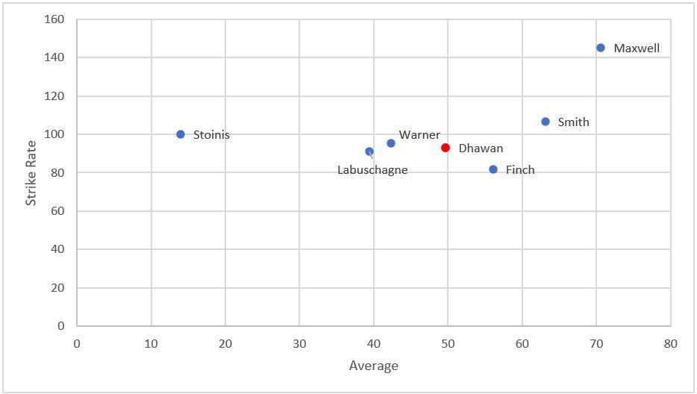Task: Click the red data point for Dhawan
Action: [x=446, y=148]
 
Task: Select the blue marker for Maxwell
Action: [x=601, y=48]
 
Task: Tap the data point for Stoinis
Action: [x=181, y=134]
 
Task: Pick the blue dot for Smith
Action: [x=546, y=122]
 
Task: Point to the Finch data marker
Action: [x=493, y=169]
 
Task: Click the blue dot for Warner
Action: [x=391, y=143]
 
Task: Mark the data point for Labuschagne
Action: [x=369, y=151]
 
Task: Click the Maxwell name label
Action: [x=637, y=48]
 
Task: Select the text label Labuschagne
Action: [x=372, y=170]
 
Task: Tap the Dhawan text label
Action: [x=481, y=148]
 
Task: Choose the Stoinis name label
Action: [x=212, y=135]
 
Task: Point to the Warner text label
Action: [x=419, y=135]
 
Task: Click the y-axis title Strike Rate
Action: [x=31, y=173]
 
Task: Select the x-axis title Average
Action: [x=373, y=366]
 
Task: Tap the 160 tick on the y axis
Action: [x=54, y=19]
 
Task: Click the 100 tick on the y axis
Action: [x=54, y=134]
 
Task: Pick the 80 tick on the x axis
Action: [x=670, y=344]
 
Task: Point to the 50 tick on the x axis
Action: [x=448, y=344]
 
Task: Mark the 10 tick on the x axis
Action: [x=151, y=344]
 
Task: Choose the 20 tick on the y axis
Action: [x=57, y=288]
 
